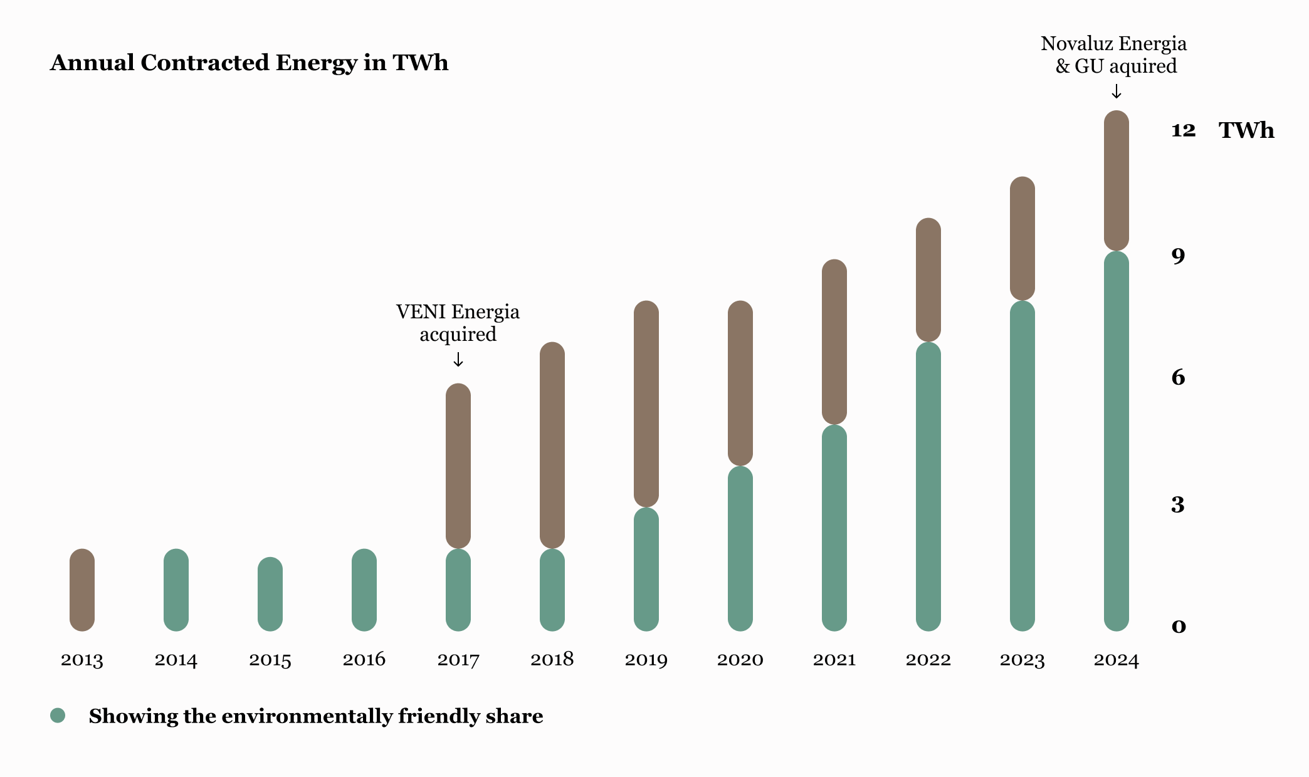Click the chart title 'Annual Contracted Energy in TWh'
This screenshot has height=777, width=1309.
pos(249,63)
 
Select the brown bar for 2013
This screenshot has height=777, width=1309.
pos(82,590)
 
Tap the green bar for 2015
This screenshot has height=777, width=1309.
pos(270,594)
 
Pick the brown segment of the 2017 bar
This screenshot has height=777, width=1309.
pos(458,466)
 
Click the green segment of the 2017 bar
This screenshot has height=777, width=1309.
pos(458,590)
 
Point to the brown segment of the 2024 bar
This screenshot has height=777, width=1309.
pos(1116,180)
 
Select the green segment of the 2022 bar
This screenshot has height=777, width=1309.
pos(928,486)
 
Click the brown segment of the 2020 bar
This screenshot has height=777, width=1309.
pos(740,383)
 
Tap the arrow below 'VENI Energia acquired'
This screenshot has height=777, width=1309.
pos(458,360)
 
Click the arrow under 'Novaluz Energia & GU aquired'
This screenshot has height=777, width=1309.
pos(1116,92)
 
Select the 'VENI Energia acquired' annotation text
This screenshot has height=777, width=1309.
pos(458,323)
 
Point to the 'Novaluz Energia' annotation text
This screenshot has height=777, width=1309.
pos(1114,44)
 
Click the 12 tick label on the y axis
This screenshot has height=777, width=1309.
pos(1183,130)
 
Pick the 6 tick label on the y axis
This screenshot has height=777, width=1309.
pos(1178,377)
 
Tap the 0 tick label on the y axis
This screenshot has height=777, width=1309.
pos(1179,626)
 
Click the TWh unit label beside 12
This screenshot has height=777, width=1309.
pos(1246,130)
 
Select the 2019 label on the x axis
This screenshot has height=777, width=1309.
pos(646,660)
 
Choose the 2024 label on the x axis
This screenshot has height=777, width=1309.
pos(1116,660)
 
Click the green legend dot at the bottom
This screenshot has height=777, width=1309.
pos(58,716)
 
